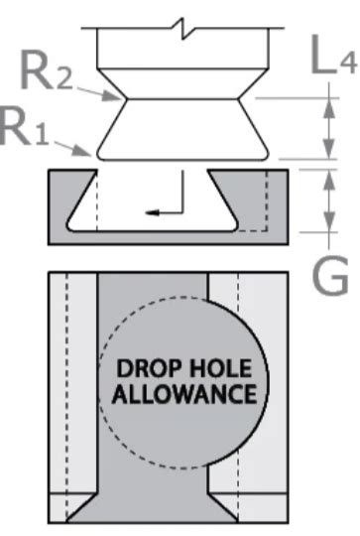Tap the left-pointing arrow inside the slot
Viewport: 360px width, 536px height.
pyautogui.click(x=150, y=210)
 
